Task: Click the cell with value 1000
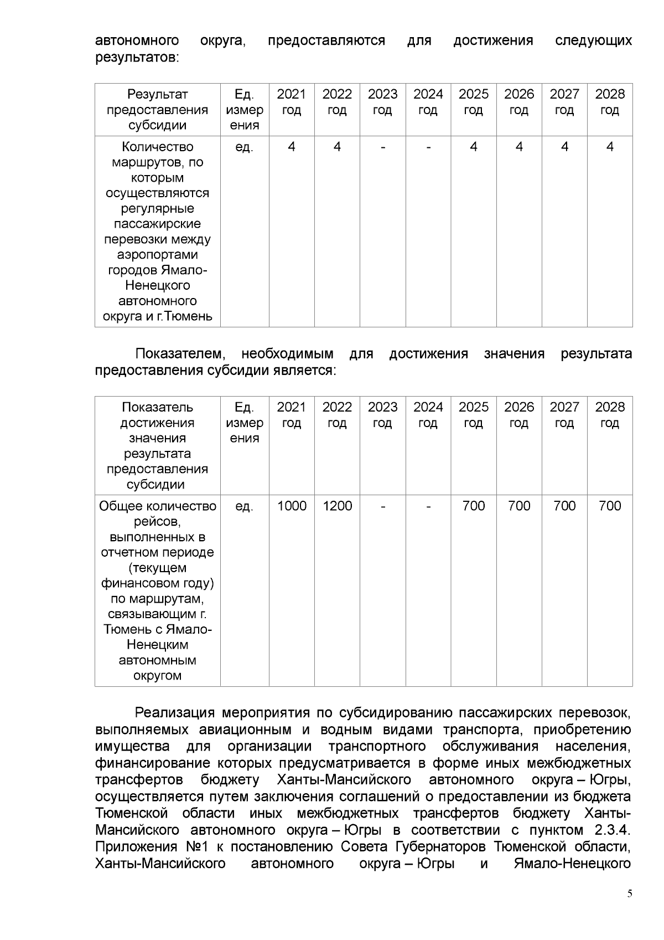292,506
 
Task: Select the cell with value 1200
337,506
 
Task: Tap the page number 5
629,909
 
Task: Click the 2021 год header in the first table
292,102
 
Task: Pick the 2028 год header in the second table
610,415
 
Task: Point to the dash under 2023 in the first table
382,147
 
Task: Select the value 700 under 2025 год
473,506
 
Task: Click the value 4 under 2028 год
610,147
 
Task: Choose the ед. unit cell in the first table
244,147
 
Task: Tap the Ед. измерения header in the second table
244,423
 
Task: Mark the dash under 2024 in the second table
428,506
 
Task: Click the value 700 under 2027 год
564,506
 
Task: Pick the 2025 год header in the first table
473,102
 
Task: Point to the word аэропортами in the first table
157,255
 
